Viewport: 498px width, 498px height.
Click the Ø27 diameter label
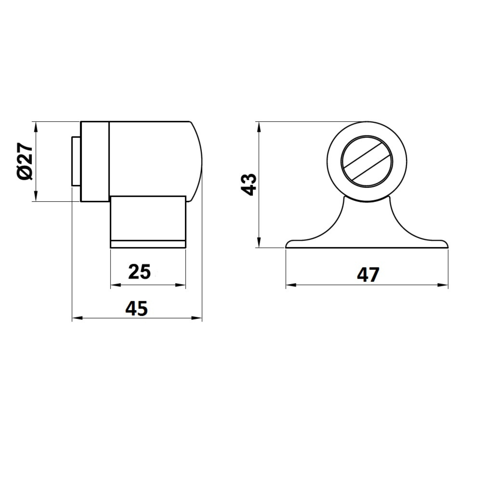[25, 161]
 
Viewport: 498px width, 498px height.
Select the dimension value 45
[137, 309]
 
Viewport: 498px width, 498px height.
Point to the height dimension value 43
[248, 185]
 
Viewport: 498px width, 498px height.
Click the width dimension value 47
[368, 274]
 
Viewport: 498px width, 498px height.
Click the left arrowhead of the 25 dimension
[116, 285]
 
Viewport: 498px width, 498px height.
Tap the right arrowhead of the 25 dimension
[181, 285]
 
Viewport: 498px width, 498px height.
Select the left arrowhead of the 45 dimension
[77, 318]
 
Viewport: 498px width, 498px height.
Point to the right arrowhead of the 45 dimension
[197, 318]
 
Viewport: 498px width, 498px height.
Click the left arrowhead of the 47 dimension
[291, 285]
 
